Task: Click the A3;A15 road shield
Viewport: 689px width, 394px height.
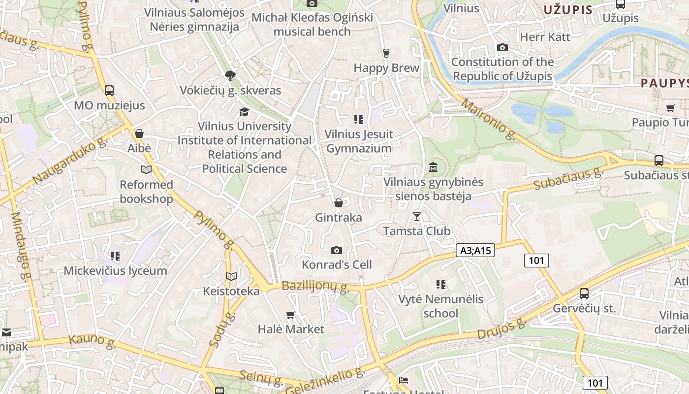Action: [475, 250]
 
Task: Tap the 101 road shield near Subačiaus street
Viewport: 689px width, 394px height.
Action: [536, 260]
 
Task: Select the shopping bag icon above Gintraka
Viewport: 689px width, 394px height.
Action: [338, 203]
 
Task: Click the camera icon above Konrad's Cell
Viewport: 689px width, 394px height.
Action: [337, 250]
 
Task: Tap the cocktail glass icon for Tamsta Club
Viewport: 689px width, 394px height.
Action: [417, 216]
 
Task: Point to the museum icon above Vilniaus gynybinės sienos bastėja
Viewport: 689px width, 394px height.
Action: [433, 167]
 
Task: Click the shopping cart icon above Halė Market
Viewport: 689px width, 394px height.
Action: [291, 315]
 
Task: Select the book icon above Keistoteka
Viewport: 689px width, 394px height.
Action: [231, 277]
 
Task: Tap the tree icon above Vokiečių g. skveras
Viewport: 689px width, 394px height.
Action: [230, 76]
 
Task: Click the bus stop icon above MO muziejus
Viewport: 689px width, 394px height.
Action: [109, 91]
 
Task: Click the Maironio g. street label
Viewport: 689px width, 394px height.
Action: [489, 119]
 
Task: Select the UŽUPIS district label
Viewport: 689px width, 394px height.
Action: [568, 9]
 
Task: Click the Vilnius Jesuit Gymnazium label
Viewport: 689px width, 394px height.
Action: [359, 141]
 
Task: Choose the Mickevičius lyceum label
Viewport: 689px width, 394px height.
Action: [115, 271]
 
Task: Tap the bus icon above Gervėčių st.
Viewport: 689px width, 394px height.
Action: [584, 294]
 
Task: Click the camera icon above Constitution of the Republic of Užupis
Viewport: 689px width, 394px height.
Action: [502, 48]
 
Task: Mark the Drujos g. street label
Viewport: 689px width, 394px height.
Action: [501, 329]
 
